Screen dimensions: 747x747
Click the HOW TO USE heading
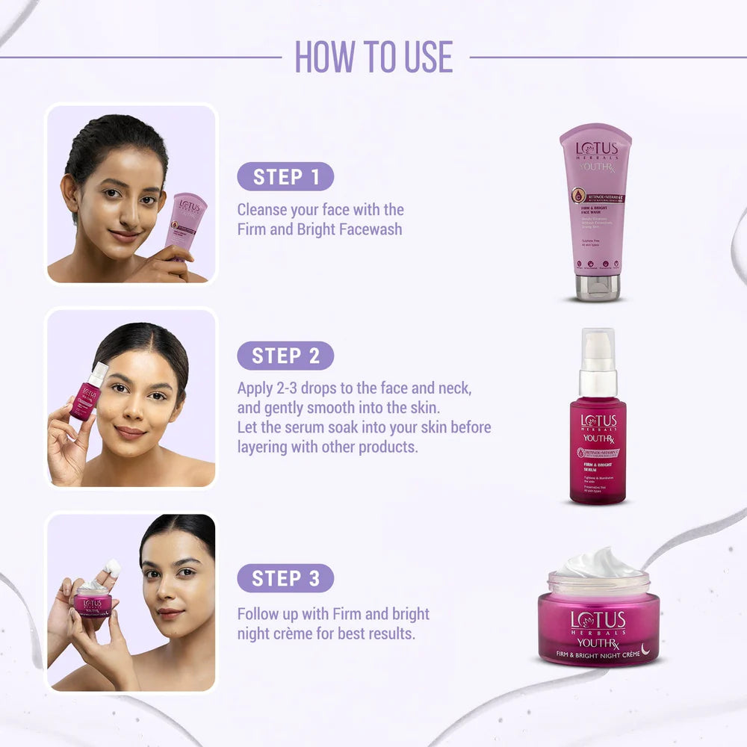click(x=373, y=57)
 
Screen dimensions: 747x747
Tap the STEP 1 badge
click(x=285, y=177)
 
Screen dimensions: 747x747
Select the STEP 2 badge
click(x=285, y=356)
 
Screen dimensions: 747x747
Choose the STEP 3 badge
click(x=285, y=578)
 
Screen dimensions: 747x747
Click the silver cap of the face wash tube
click(x=597, y=287)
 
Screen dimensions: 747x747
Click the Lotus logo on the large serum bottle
click(x=598, y=422)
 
